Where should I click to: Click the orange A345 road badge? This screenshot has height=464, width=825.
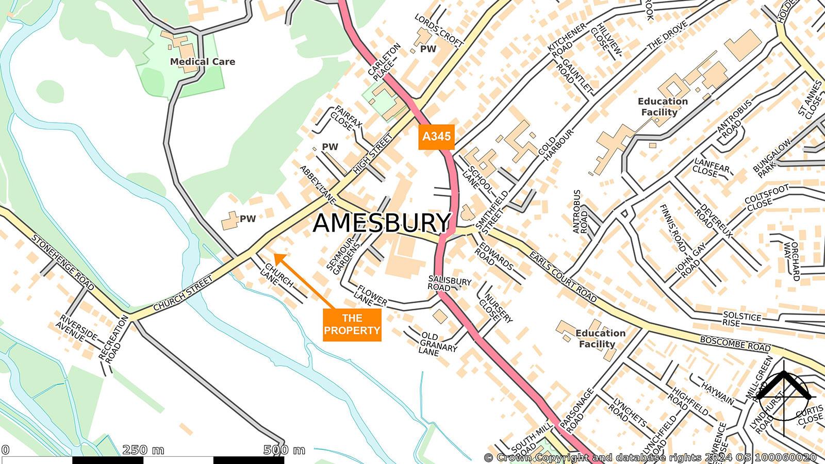tap(436, 137)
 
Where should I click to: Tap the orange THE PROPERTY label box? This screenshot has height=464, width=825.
tap(352, 324)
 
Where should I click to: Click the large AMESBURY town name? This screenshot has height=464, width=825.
tap(382, 223)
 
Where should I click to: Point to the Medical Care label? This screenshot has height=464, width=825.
tap(202, 62)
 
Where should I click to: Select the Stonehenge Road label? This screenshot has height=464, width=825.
tap(63, 263)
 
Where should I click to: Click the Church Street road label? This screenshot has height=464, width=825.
tap(183, 293)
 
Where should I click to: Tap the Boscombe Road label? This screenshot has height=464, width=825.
tap(735, 344)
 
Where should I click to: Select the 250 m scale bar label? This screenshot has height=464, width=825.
tap(143, 450)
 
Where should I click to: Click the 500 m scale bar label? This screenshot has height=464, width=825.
tap(284, 450)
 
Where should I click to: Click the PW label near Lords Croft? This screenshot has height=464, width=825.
tap(428, 49)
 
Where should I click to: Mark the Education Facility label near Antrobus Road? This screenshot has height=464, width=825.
tap(662, 107)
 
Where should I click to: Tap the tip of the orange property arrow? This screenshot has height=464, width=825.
tap(274, 254)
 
